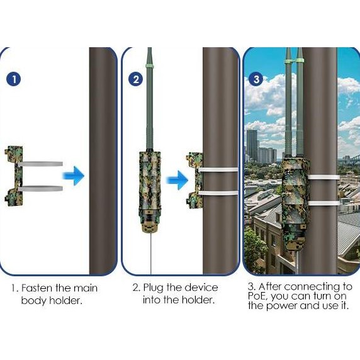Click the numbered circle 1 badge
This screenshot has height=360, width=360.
[13, 79]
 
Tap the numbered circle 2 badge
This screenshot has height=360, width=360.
[136, 79]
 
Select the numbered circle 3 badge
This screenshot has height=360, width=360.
[256, 79]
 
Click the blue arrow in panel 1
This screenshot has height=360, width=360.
[74, 176]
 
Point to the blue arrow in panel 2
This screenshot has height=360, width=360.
[177, 180]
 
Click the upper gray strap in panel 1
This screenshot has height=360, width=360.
[41, 164]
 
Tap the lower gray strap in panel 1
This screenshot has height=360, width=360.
[41, 188]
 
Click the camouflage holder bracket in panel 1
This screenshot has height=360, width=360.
[14, 176]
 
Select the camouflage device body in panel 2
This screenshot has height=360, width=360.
[150, 192]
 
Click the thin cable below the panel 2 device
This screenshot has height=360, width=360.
[150, 254]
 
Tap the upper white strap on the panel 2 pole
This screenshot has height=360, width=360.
[218, 170]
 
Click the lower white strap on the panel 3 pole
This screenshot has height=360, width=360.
[323, 203]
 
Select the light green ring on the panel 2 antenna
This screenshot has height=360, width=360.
[149, 65]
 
